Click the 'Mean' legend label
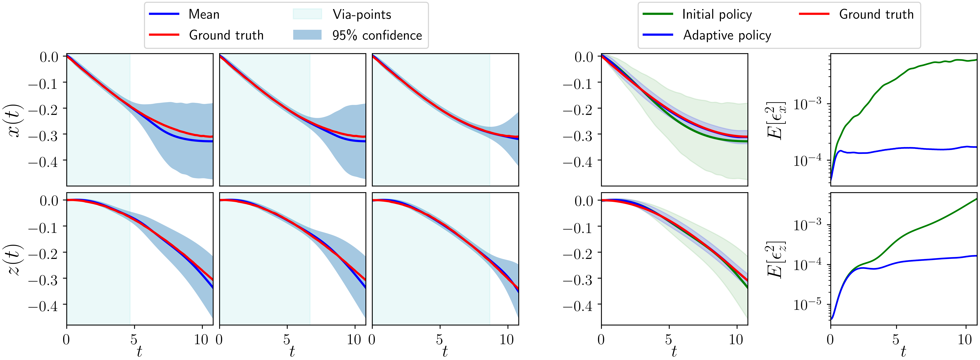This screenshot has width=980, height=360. (204, 14)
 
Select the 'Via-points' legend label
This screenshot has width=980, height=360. (362, 14)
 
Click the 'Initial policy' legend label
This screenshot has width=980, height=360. (717, 14)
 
